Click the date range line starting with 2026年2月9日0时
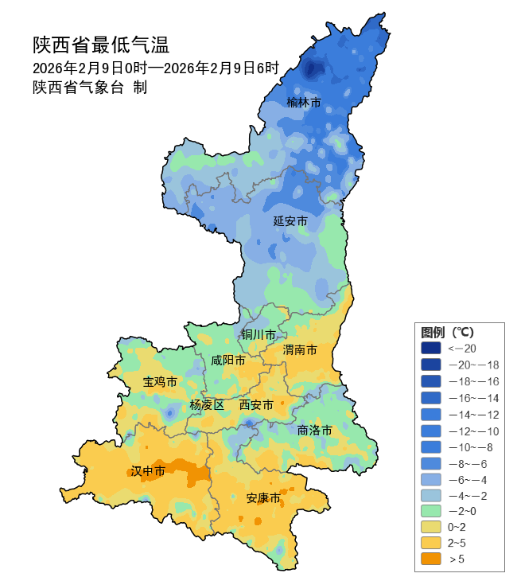[x=156, y=68]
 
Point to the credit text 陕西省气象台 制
[x=90, y=88]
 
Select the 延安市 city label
[x=290, y=220]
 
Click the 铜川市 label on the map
[x=259, y=334]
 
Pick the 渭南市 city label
[x=300, y=350]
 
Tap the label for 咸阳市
[x=228, y=360]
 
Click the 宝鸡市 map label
[x=160, y=382]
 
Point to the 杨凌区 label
[x=207, y=405]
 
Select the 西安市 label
[x=256, y=405]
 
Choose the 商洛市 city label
[x=314, y=430]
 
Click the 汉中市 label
[x=148, y=472]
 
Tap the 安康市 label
[x=262, y=498]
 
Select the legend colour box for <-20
[x=430, y=348]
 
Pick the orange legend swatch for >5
[x=430, y=560]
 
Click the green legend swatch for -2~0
[x=430, y=510]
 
